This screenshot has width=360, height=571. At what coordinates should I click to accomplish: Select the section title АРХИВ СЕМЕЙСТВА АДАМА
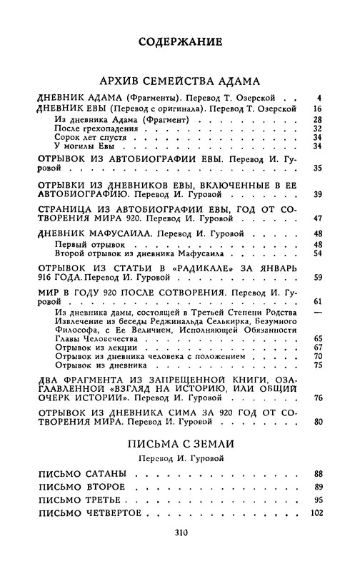click(179, 81)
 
